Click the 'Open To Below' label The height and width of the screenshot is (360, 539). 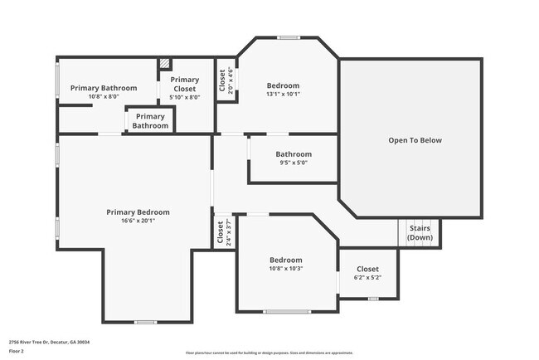415,140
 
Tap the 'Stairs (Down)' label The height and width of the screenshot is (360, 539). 420,233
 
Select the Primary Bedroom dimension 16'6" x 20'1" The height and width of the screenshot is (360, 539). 138,221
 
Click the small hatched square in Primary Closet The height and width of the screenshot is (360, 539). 164,63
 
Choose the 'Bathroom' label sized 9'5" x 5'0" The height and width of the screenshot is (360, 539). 294,153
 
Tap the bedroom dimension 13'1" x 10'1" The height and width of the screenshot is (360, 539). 283,94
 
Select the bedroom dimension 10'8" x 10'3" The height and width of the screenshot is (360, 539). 285,269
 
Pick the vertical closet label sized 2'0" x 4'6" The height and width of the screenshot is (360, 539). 221,80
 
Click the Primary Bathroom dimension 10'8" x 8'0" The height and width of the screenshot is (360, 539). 104,96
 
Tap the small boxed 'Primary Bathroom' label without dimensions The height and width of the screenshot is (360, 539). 150,121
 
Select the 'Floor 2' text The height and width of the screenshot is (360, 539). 17,351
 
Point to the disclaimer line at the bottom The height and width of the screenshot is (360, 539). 269,353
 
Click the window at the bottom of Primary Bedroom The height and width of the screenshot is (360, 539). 145,322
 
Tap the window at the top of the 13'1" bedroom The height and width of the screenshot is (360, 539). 288,37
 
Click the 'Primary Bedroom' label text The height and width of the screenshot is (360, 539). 138,212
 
